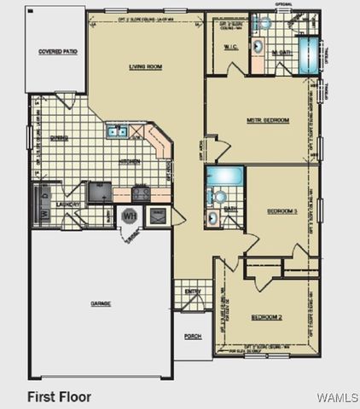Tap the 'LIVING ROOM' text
[x=146, y=66]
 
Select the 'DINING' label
[x=59, y=136]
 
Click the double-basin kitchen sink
[x=118, y=132]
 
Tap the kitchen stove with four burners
[x=140, y=193]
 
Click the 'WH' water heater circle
[x=130, y=216]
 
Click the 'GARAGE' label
[x=102, y=303]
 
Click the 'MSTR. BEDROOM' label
[x=268, y=120]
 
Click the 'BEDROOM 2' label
[x=267, y=317]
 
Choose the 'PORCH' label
[x=193, y=336]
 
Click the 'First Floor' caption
[x=59, y=397]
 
